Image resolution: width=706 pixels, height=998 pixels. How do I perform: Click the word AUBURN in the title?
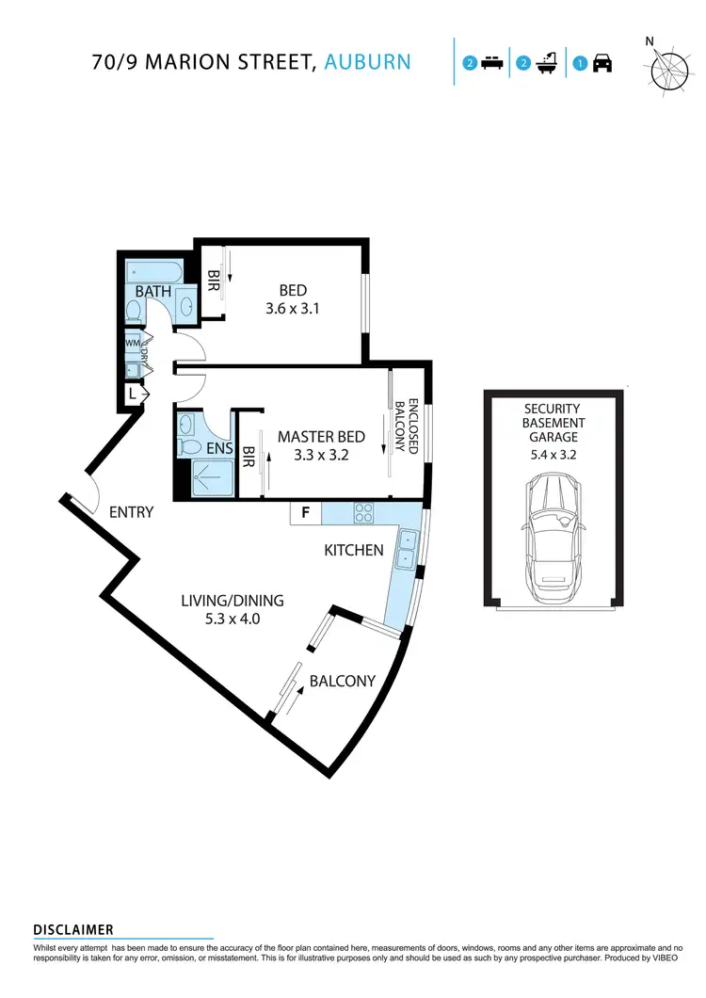click(x=367, y=62)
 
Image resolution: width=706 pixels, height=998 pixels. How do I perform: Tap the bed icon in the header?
click(x=491, y=64)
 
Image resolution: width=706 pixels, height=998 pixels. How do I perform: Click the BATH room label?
click(x=153, y=292)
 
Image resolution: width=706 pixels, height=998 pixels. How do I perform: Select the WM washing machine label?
click(x=133, y=344)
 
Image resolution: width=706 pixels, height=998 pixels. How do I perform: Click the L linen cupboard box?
click(x=133, y=395)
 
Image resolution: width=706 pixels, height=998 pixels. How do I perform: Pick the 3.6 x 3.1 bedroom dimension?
click(x=293, y=307)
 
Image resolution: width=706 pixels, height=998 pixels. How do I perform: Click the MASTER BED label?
click(x=321, y=437)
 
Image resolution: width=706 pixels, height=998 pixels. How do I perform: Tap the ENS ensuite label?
click(x=219, y=450)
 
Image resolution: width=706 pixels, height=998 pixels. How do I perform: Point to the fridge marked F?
click(x=305, y=513)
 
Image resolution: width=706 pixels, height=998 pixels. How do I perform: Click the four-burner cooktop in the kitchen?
click(x=363, y=513)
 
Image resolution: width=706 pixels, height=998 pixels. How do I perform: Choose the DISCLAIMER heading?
click(x=73, y=929)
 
